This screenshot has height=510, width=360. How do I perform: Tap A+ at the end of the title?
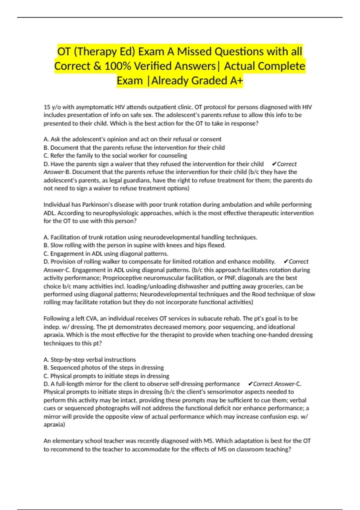(235, 81)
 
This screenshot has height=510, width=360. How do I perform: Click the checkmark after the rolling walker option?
(286, 262)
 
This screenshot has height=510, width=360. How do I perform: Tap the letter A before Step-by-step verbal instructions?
(46, 360)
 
